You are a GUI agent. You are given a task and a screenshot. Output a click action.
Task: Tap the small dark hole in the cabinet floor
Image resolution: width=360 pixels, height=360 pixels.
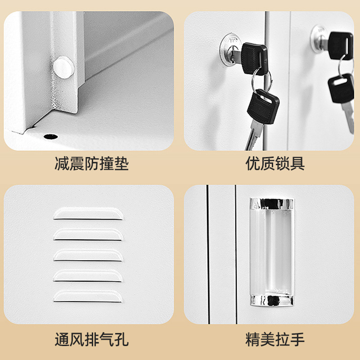pos(49,135)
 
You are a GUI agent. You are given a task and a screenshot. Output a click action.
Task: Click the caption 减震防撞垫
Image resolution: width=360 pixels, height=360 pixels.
pos(91,163)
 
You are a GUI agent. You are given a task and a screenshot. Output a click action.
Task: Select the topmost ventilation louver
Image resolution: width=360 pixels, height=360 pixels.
pos(88,213)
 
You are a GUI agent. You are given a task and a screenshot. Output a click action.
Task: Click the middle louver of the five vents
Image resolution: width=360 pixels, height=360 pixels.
pos(88,255)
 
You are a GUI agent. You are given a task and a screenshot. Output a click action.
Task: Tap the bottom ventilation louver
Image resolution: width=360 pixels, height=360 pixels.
pos(88,296)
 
